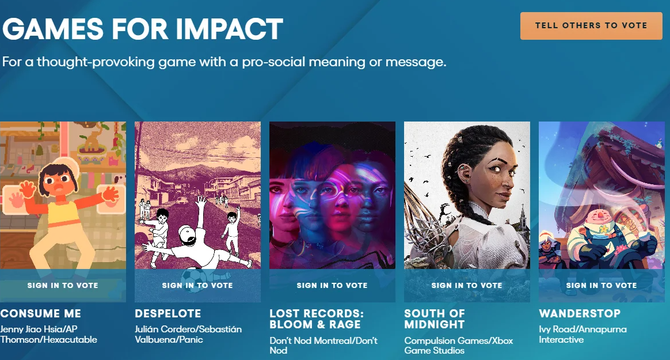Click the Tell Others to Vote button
(x=591, y=26)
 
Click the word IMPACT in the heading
(x=229, y=29)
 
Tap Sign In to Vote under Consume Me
(x=63, y=285)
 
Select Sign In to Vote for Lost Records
(x=332, y=285)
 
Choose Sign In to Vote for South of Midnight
(x=467, y=285)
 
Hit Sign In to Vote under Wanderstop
(x=601, y=285)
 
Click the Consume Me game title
(x=41, y=313)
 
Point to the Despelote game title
(x=168, y=313)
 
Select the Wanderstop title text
(x=580, y=313)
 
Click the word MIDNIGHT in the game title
(x=435, y=324)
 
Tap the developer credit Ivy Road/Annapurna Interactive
(x=583, y=334)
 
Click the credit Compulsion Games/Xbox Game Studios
(x=459, y=346)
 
